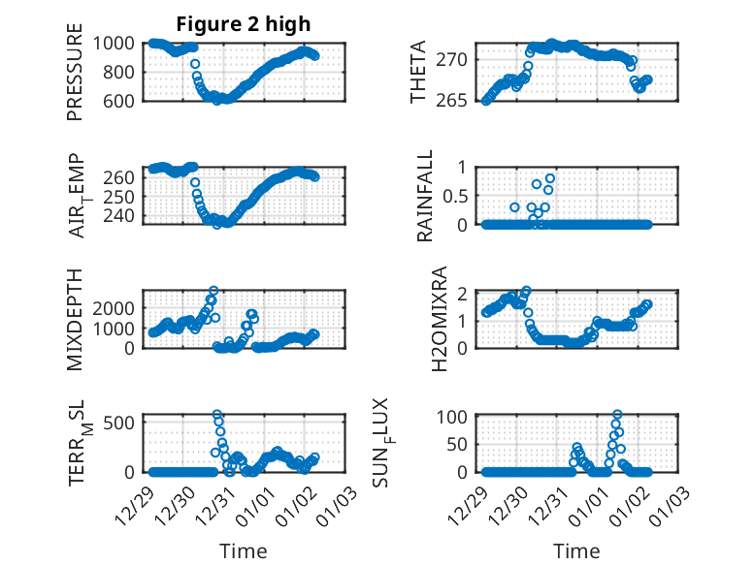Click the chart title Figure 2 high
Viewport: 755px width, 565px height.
243,24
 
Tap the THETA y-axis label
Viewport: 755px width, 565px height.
417,73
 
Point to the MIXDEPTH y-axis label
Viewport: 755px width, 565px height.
75,319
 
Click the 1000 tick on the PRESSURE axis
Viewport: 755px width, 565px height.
117,43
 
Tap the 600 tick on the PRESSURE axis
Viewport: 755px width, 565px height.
123,100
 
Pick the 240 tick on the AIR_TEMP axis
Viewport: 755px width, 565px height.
123,214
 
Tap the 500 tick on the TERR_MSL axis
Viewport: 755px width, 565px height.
123,423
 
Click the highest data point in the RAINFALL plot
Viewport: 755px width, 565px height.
550,178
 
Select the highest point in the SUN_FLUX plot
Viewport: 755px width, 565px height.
617,415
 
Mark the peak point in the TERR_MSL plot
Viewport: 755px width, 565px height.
217,415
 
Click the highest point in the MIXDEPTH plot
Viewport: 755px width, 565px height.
213,291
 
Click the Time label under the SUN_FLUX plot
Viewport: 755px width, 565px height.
576,550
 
